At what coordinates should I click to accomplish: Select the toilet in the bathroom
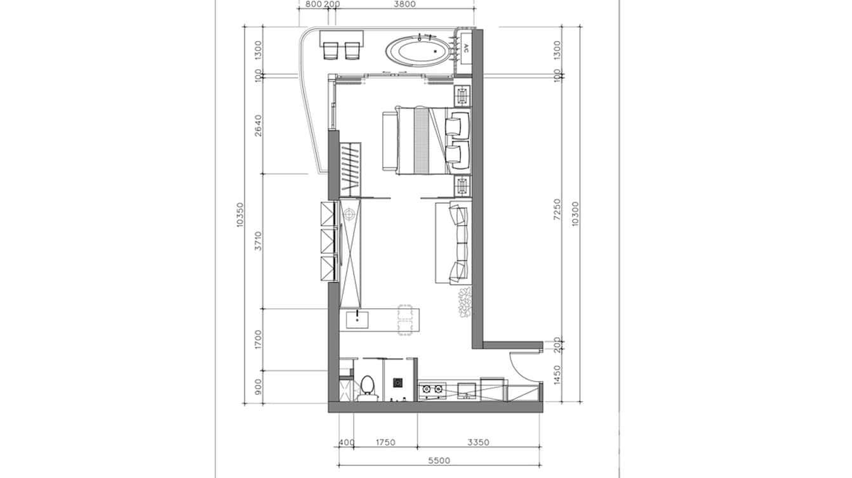(x=367, y=387)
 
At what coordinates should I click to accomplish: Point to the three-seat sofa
(x=453, y=243)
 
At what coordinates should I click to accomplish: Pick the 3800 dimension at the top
(x=404, y=4)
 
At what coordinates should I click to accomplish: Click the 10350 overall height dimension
(x=241, y=215)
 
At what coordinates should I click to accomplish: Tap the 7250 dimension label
(x=557, y=209)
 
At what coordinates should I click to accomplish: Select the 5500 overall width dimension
(x=439, y=461)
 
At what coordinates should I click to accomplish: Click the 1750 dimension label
(x=385, y=442)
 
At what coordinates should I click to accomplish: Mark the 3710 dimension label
(x=258, y=241)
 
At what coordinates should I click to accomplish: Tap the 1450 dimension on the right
(x=557, y=375)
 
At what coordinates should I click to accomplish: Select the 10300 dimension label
(x=575, y=215)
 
